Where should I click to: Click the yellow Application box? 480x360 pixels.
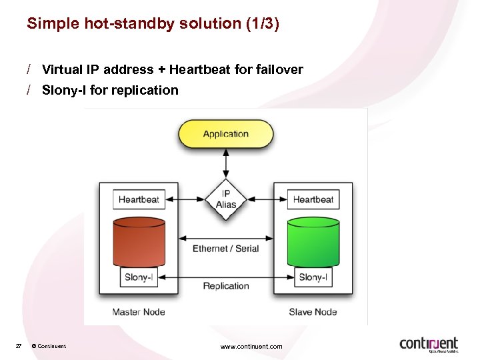tap(225, 134)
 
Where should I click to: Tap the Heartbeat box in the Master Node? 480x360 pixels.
tap(139, 199)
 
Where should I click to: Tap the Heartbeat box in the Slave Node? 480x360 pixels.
tap(313, 199)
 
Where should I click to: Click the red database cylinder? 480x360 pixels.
tap(139, 242)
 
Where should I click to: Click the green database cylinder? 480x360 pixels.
tap(313, 242)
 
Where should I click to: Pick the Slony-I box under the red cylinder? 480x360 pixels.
tap(139, 277)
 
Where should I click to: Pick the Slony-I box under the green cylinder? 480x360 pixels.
tap(313, 277)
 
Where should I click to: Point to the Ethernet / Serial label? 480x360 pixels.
tap(225, 249)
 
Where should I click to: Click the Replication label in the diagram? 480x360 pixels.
tap(226, 286)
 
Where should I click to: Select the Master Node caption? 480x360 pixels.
tap(139, 312)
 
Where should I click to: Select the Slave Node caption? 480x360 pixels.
tap(313, 312)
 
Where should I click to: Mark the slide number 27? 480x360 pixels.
tap(19, 346)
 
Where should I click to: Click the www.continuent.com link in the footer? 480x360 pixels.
tap(251, 346)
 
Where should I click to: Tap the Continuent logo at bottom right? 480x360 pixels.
tap(429, 344)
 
